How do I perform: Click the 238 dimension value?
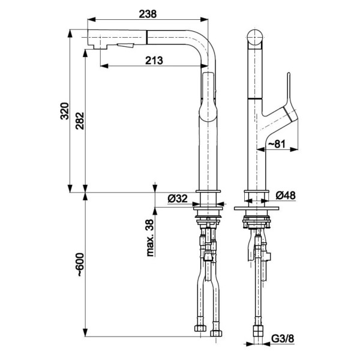click(148, 14)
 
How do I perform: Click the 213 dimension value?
click(154, 61)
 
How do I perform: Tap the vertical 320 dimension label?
click(65, 111)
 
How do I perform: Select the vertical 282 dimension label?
click(80, 121)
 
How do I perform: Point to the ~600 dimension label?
click(80, 265)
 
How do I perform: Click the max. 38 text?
click(149, 238)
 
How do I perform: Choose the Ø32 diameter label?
click(178, 199)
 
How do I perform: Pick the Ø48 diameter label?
click(286, 196)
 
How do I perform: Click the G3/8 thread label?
click(283, 338)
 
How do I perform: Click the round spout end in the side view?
click(255, 37)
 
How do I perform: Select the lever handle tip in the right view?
click(289, 74)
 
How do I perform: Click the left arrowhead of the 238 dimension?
click(91, 20)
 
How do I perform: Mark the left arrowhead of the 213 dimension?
click(104, 66)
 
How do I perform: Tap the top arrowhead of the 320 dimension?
click(70, 34)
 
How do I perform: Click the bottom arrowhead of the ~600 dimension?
click(85, 332)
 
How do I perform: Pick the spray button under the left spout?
click(125, 46)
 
